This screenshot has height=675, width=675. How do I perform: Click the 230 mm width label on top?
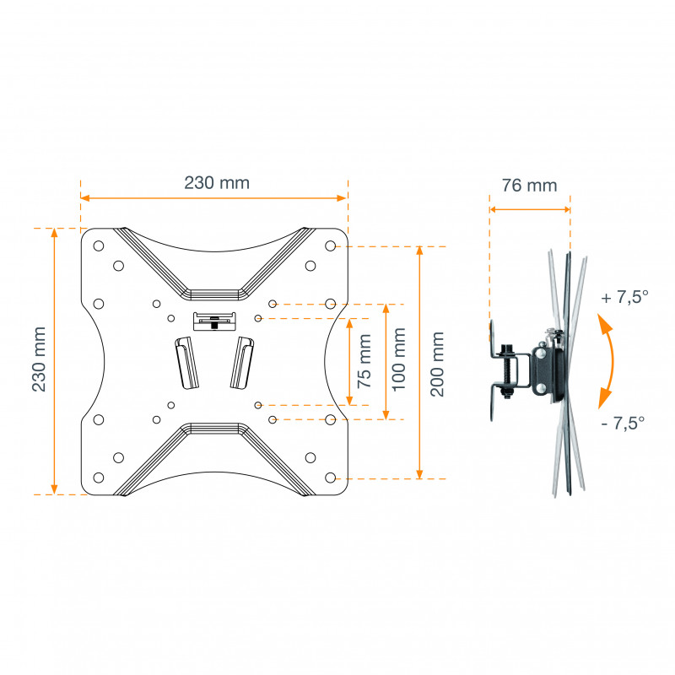(x=217, y=183)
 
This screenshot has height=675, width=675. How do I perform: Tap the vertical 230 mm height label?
(x=39, y=359)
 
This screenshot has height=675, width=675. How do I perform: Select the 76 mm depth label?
(x=530, y=186)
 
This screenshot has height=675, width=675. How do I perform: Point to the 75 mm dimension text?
(x=364, y=361)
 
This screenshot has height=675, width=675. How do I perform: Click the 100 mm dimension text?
(x=399, y=359)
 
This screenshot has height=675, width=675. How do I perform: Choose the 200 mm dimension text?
(x=437, y=364)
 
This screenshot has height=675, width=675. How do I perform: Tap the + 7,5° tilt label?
(x=625, y=297)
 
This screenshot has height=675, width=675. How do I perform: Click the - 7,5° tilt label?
(x=623, y=424)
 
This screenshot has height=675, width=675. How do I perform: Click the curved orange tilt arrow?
(x=610, y=362)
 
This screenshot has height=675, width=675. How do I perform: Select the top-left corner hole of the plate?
(x=99, y=246)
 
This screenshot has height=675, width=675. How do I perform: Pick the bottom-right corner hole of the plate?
(x=330, y=478)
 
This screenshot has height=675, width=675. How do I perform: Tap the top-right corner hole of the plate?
(x=330, y=246)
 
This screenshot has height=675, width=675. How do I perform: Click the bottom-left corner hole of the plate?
(x=99, y=478)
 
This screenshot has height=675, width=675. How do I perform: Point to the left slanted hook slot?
(x=186, y=363)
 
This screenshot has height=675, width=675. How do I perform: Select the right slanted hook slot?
(x=242, y=363)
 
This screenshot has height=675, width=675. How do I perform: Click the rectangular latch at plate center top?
(x=214, y=321)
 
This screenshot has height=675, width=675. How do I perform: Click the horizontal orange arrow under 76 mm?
(x=530, y=209)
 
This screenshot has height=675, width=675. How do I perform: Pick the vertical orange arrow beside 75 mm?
(x=349, y=362)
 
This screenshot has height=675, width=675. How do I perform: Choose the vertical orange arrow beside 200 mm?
(x=419, y=363)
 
